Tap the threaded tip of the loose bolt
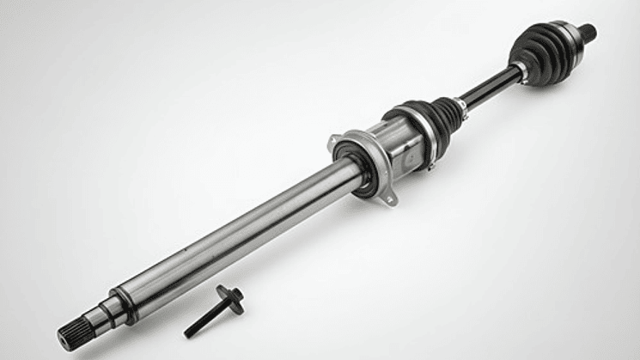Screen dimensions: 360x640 (x=189, y=333)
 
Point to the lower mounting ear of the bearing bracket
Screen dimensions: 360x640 (x=391, y=201)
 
